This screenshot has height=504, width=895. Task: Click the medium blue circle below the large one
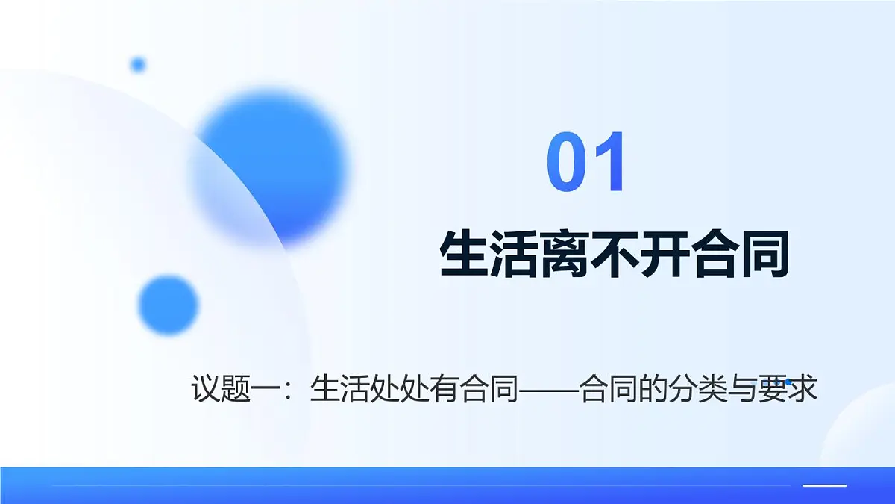pos(169,305)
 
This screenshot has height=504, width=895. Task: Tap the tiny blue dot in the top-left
pos(138,65)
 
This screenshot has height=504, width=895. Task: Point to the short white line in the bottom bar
pos(824,485)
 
